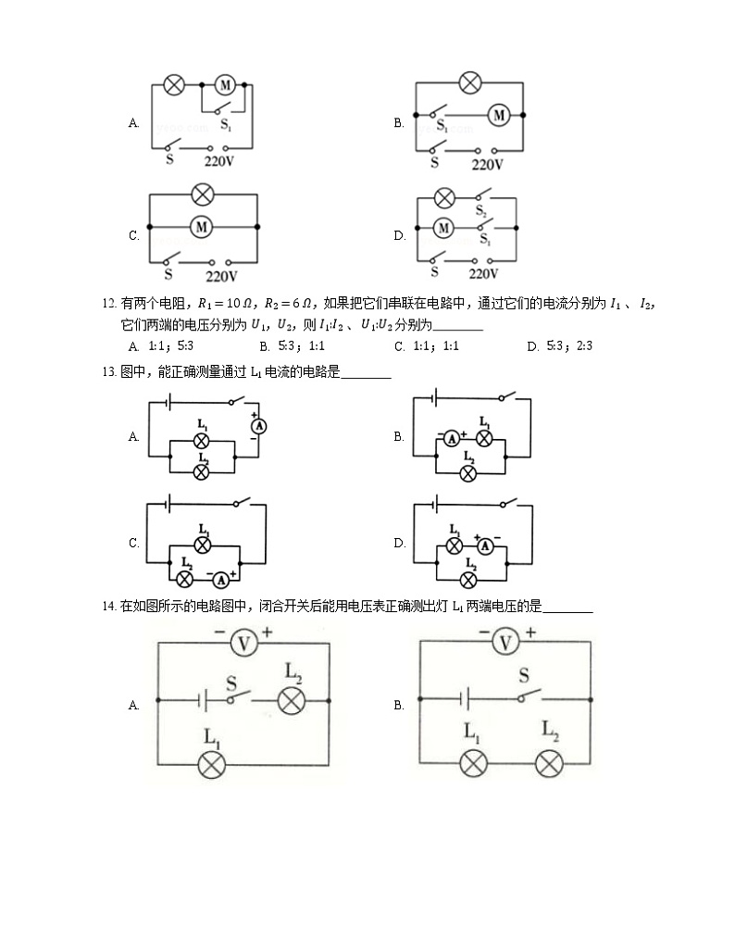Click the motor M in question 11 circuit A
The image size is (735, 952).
225,85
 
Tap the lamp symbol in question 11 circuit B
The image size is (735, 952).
471,82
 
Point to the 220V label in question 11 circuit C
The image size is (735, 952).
221,276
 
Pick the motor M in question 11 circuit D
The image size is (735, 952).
444,228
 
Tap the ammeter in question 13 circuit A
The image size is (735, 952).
260,426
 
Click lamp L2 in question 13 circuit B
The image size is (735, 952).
468,472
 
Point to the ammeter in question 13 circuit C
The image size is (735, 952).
221,580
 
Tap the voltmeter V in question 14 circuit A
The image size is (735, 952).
242,642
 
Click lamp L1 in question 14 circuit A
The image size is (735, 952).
214,764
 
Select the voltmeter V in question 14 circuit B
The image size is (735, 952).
505,642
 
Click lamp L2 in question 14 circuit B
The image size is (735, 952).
551,764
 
